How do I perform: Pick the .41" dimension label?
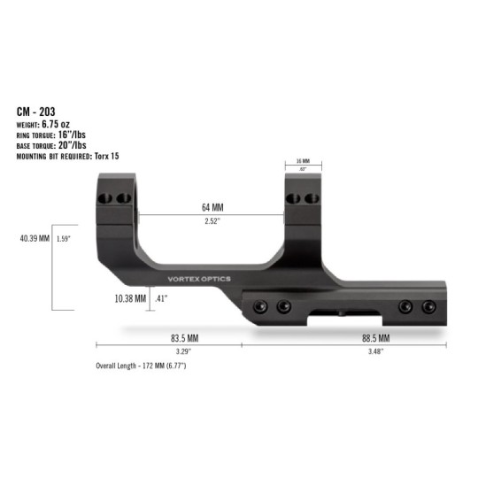[161, 298]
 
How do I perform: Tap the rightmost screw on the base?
[429, 306]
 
